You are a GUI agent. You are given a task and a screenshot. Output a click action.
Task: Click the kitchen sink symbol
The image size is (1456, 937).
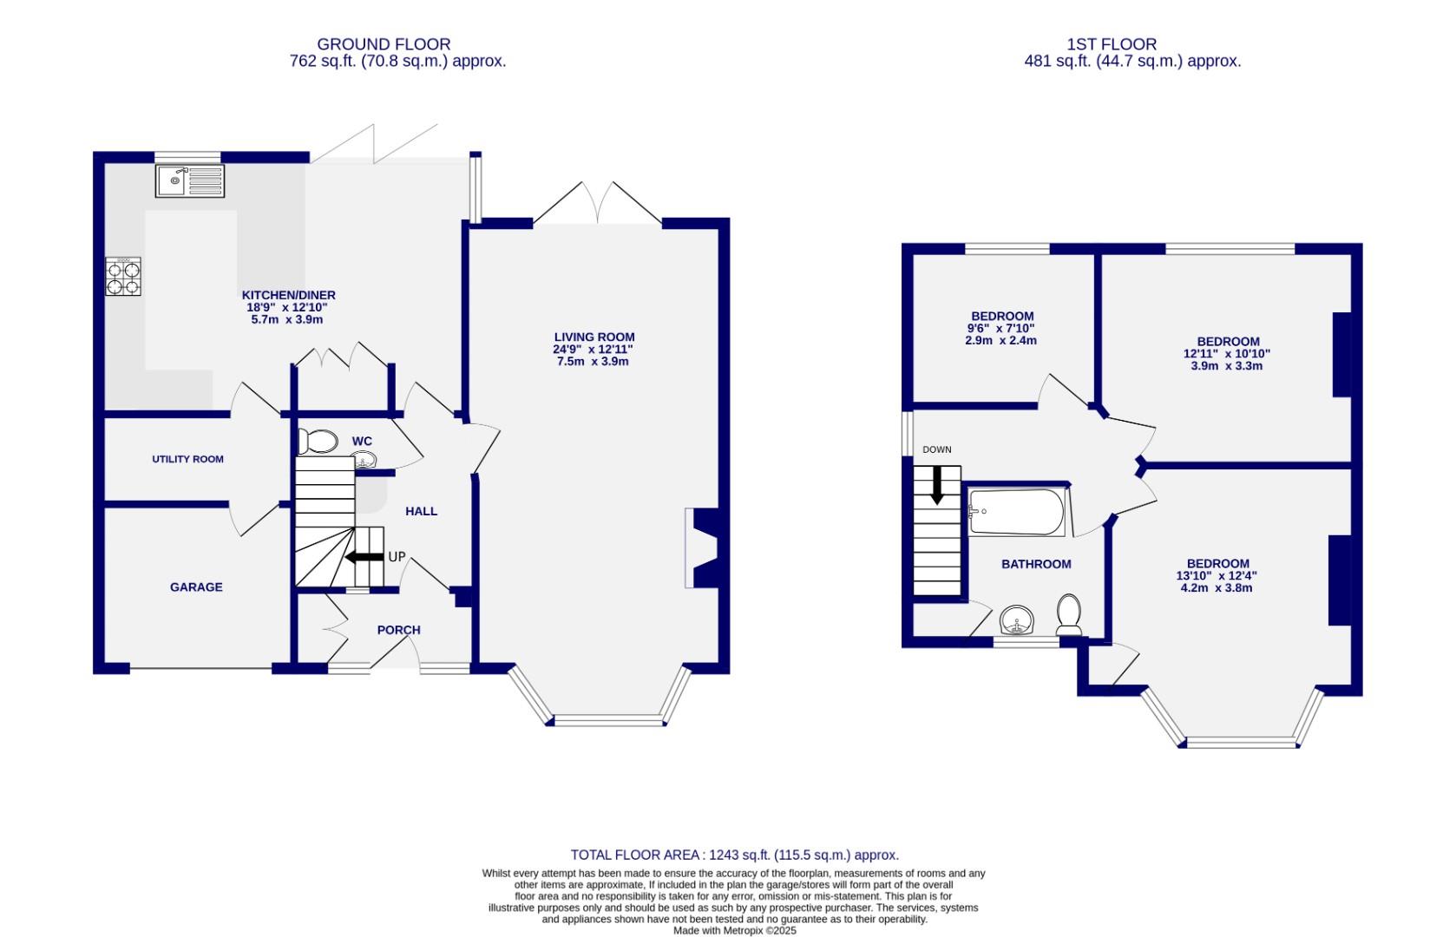coord(190,180)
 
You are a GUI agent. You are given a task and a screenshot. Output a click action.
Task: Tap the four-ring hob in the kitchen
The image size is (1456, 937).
coord(123,277)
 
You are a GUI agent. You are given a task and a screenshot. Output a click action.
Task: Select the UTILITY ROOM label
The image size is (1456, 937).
coord(188,459)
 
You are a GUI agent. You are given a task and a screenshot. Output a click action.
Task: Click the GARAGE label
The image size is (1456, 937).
coord(196,587)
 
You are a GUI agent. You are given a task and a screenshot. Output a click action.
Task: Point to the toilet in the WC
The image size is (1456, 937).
coord(317,442)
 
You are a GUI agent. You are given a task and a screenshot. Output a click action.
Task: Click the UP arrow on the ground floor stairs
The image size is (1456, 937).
coord(364,557)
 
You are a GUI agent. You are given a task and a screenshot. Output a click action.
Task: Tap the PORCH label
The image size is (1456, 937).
coord(398,630)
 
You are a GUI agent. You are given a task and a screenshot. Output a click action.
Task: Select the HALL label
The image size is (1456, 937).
coord(422,512)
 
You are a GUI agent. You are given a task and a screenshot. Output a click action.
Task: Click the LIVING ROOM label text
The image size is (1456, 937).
coord(594,337)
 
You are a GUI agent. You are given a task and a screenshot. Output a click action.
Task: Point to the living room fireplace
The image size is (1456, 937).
coord(701,549)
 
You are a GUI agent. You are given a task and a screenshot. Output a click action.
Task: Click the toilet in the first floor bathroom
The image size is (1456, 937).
coord(1069,614)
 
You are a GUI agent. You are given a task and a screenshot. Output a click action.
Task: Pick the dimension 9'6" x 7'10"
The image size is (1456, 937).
coord(1001,329)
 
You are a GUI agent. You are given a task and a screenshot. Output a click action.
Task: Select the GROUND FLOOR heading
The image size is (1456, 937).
coord(384,44)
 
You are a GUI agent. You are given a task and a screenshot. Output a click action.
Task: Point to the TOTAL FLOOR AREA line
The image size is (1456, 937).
coord(734,855)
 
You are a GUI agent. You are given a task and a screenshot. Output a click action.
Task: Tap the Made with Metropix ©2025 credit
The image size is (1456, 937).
coord(734,930)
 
